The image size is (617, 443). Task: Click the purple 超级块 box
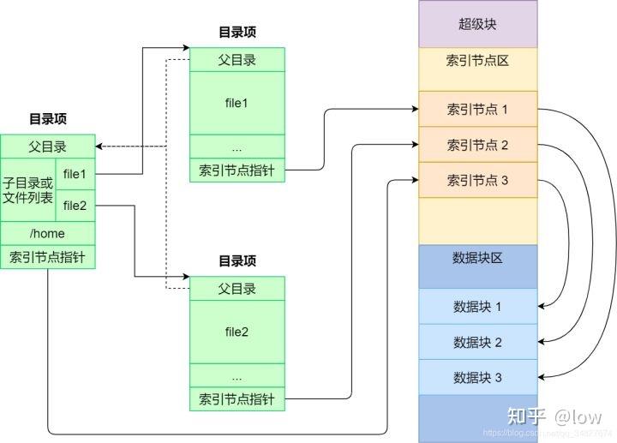(x=477, y=24)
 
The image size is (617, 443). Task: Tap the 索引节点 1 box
(x=477, y=110)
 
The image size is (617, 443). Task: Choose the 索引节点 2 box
(x=477, y=145)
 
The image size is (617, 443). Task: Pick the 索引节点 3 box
(x=477, y=180)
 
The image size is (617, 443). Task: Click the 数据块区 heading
(x=477, y=258)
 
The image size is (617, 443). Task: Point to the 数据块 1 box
(x=477, y=307)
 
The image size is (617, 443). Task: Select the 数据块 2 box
(x=477, y=342)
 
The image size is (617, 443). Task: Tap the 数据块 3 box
(x=477, y=377)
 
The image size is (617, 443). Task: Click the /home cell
(x=47, y=233)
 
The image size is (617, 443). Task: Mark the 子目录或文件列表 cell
(x=27, y=190)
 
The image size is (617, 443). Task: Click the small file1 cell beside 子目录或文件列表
(x=75, y=174)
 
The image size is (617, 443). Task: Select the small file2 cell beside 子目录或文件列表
(x=75, y=205)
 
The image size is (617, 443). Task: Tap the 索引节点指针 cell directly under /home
(x=47, y=256)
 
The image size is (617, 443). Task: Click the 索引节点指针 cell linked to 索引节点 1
(x=237, y=170)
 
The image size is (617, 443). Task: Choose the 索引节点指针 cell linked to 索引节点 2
(x=237, y=398)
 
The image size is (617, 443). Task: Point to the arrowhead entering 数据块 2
(x=543, y=342)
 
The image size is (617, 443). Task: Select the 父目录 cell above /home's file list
(x=47, y=147)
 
